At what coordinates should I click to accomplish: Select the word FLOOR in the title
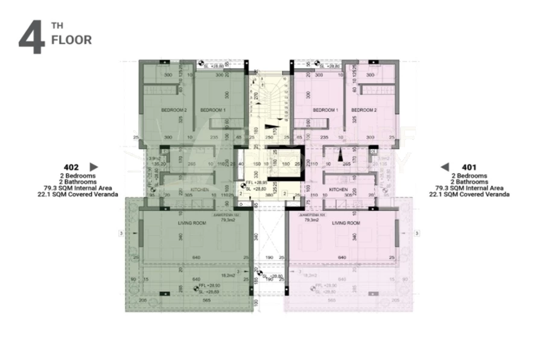pos(71,40)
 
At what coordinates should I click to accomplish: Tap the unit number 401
pos(469,167)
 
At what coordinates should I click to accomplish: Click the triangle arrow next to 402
pos(93,166)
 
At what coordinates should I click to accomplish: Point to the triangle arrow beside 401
pos(445,167)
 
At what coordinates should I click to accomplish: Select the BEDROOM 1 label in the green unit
pos(212,110)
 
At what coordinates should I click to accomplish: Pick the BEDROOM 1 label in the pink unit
pos(325,110)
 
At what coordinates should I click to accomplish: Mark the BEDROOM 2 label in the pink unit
pos(364,110)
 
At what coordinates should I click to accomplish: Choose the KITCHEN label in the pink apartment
pos(338,189)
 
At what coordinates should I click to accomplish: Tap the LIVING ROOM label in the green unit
pos(192,223)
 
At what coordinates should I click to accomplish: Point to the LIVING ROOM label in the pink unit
pos(346,223)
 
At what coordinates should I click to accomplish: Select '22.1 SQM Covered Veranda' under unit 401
pos(469,195)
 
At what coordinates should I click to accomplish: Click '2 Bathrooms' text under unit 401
pos(469,182)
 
